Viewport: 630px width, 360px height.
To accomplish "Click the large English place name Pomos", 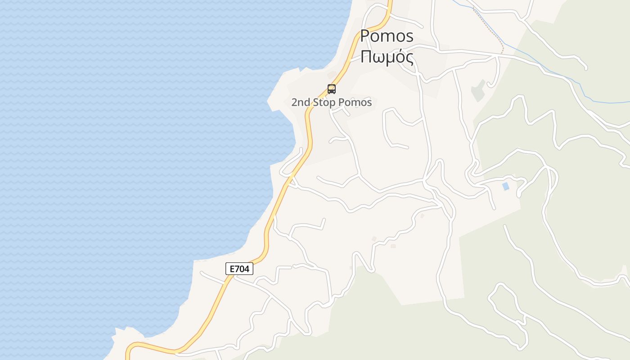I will (x=387, y=36).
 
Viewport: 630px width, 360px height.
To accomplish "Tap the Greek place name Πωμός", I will (x=387, y=57).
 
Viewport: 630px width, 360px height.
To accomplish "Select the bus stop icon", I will (x=332, y=89).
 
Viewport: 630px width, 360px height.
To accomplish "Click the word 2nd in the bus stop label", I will (x=301, y=103).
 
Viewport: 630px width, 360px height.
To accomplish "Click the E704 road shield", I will (x=239, y=269).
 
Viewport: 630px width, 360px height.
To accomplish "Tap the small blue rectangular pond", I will (x=505, y=186).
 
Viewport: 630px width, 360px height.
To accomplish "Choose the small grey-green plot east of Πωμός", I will (x=478, y=91).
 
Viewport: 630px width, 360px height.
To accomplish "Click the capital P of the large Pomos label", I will (x=366, y=36).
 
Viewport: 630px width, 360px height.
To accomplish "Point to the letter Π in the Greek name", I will (x=367, y=57).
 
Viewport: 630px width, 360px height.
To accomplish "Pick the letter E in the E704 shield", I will (x=232, y=269).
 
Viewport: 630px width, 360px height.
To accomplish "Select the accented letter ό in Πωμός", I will (x=399, y=57).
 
